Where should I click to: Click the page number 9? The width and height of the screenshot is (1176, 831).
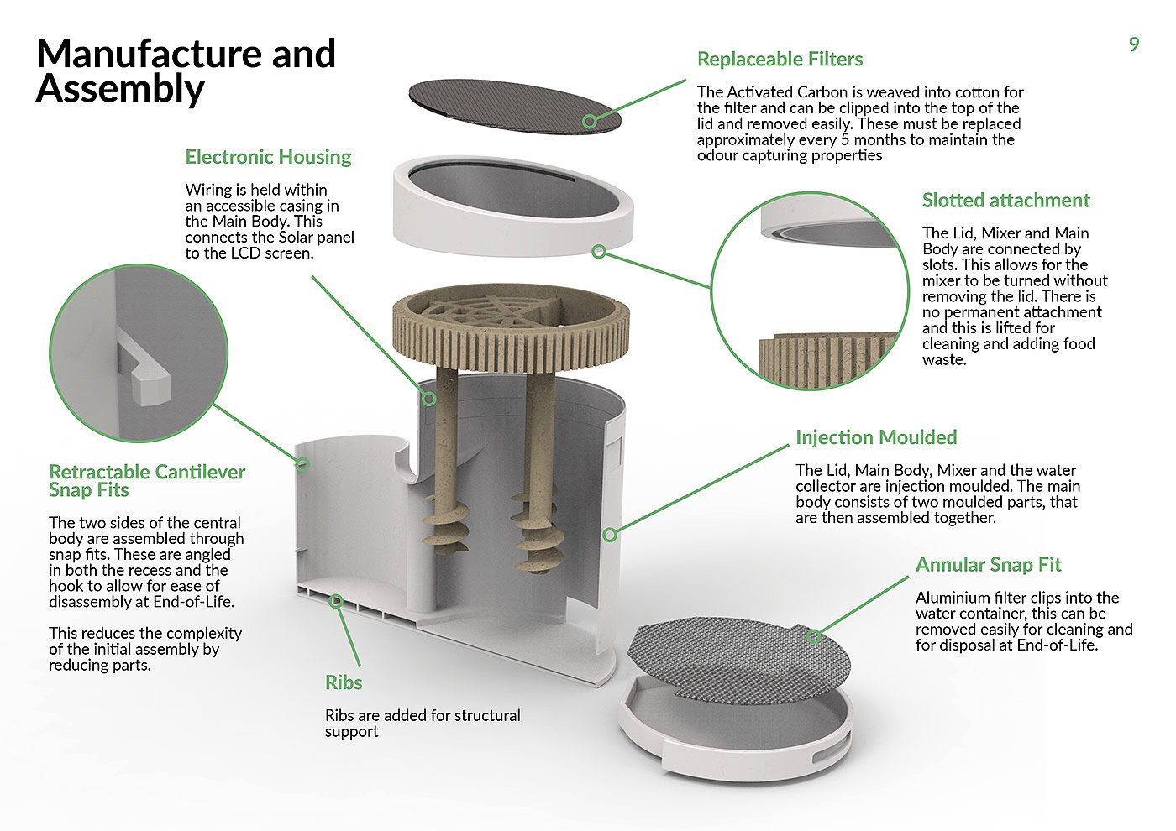click(1134, 44)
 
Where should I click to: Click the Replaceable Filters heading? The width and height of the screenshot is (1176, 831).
click(780, 60)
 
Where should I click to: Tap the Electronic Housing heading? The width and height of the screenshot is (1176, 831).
click(268, 157)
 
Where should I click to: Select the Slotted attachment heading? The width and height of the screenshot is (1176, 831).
click(1005, 201)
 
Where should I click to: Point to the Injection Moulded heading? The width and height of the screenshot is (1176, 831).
click(876, 437)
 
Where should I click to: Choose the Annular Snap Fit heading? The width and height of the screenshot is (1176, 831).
click(989, 565)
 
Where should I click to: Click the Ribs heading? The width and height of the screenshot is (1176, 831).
click(344, 682)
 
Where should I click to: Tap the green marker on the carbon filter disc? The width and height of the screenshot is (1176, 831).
click(590, 122)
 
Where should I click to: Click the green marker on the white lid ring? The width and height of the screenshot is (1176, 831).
click(599, 251)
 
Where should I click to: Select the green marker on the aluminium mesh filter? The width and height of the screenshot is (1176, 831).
click(813, 637)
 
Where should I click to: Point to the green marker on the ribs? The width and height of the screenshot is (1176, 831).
click(336, 600)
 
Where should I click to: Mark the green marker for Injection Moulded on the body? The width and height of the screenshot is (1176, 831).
click(611, 534)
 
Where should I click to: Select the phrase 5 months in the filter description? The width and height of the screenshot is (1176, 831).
click(863, 140)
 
